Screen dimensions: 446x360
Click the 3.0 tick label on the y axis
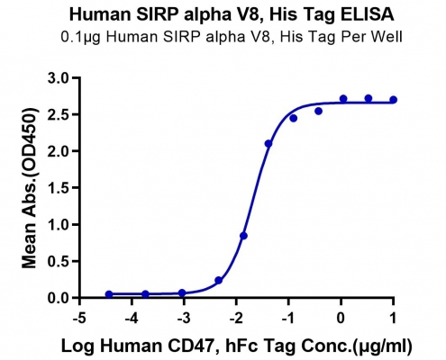pyautogui.click(x=58, y=78)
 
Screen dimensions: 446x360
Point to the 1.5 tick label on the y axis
pyautogui.click(x=58, y=188)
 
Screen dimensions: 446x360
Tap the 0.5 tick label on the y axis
pyautogui.click(x=58, y=261)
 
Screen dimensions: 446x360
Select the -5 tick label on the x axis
pyautogui.click(x=79, y=318)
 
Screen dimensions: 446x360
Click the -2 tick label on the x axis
pyautogui.click(x=236, y=318)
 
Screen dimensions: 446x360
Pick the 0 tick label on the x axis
pyautogui.click(x=341, y=318)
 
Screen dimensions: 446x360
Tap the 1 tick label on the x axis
pyautogui.click(x=393, y=318)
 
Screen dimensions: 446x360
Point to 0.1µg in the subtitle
pyautogui.click(x=80, y=37)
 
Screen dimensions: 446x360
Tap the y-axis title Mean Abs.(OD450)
pyautogui.click(x=30, y=188)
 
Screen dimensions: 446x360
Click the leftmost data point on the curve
pyautogui.click(x=109, y=294)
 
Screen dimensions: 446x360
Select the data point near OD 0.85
pyautogui.click(x=243, y=236)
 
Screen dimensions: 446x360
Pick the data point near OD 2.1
pyautogui.click(x=269, y=144)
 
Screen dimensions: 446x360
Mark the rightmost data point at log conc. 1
pyautogui.click(x=393, y=100)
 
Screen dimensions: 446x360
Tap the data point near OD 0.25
pyautogui.click(x=219, y=281)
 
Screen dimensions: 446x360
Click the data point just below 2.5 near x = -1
pyautogui.click(x=294, y=119)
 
